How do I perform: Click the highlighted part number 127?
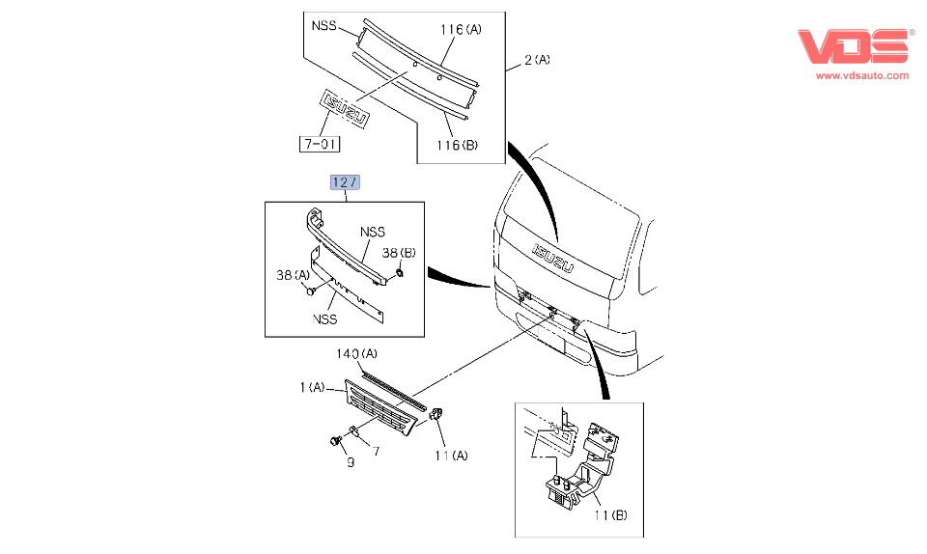[x=345, y=183]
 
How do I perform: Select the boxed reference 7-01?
[x=318, y=145]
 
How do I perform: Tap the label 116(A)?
[x=461, y=30]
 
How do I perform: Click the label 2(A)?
[x=537, y=60]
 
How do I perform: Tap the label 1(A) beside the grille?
[x=311, y=387]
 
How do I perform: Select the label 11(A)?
[x=450, y=455]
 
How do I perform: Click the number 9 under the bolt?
[x=351, y=463]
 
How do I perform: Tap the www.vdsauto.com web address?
[x=862, y=75]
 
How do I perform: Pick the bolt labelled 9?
[x=335, y=442]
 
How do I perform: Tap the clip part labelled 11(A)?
[x=436, y=415]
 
